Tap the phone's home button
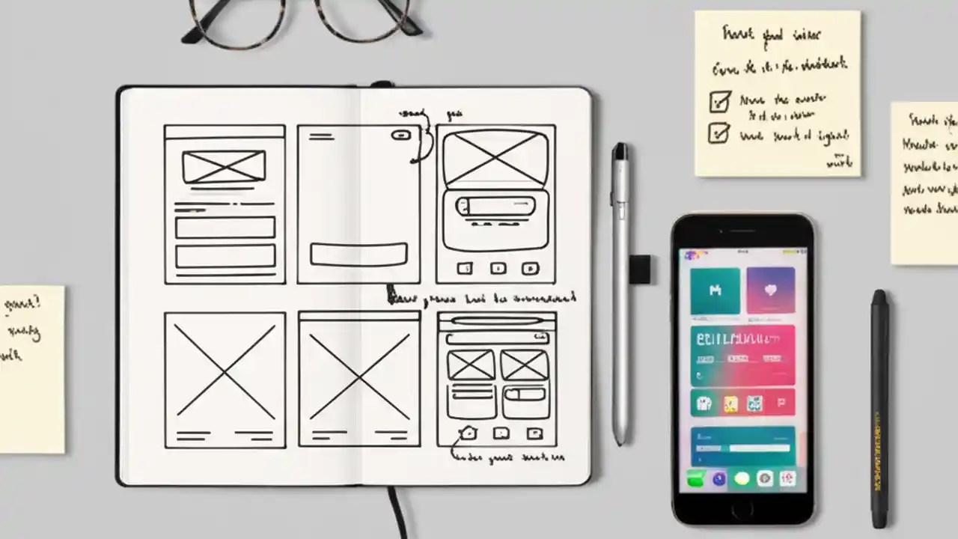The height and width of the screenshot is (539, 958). pyautogui.click(x=742, y=510)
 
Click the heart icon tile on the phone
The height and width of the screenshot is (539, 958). pyautogui.click(x=770, y=290)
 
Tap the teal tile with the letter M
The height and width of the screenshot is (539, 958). pyautogui.click(x=714, y=290)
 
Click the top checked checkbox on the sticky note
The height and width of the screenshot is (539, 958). pyautogui.click(x=719, y=100)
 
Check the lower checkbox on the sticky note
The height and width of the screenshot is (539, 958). pyautogui.click(x=718, y=133)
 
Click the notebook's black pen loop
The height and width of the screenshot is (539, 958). pyautogui.click(x=638, y=269)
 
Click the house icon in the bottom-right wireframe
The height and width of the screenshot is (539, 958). pyautogui.click(x=468, y=433)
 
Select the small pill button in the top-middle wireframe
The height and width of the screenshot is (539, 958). pyautogui.click(x=400, y=135)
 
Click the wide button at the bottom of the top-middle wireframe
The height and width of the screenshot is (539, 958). pyautogui.click(x=359, y=255)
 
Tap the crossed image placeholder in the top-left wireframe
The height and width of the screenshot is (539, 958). pyautogui.click(x=224, y=167)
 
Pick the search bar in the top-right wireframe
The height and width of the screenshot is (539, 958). pyautogui.click(x=495, y=205)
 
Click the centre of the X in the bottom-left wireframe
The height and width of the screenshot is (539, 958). pyautogui.click(x=225, y=371)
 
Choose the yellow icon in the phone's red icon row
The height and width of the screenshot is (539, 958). pyautogui.click(x=730, y=404)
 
